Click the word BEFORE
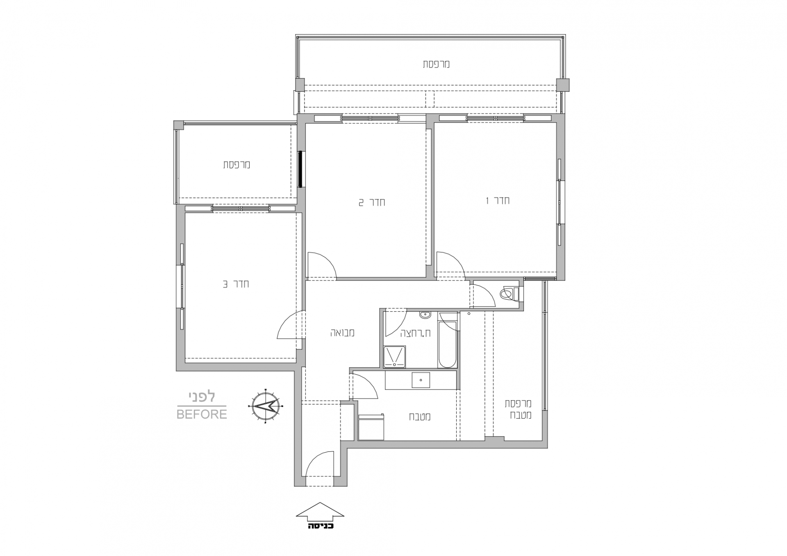[202, 414]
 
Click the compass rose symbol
[266, 406]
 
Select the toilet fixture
[510, 294]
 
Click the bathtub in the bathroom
[447, 340]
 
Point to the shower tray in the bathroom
[394, 357]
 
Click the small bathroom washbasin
[425, 315]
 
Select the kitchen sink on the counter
[421, 380]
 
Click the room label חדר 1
[498, 201]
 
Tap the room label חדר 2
[372, 203]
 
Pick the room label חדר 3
[236, 284]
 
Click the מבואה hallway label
[342, 333]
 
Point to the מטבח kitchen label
[420, 417]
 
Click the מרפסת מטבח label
[518, 409]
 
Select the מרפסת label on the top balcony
[437, 64]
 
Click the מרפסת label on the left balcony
[237, 164]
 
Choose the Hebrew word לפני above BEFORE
[202, 397]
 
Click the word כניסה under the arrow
[321, 526]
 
